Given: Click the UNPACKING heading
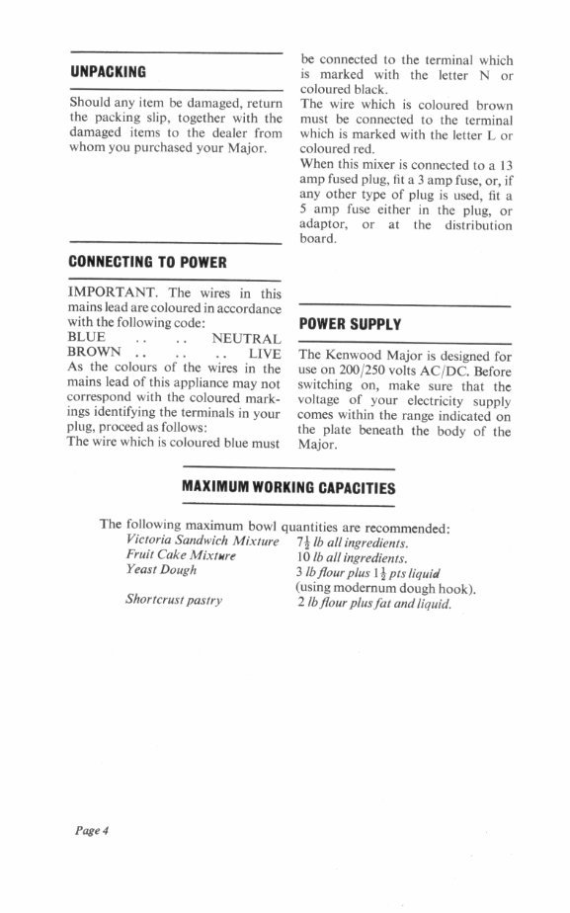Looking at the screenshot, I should [108, 71].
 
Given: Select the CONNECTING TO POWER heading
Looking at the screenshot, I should [148, 262].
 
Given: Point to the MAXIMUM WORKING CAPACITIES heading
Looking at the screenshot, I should [289, 488].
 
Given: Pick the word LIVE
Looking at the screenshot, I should [265, 352].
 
